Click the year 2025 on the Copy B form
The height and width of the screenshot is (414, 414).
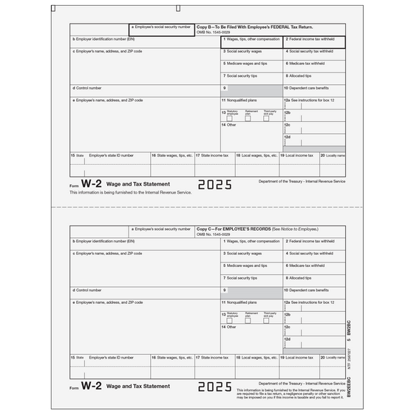point(214,185)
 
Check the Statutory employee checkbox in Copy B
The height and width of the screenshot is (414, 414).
point(229,118)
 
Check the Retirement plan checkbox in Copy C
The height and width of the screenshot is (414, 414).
point(249,320)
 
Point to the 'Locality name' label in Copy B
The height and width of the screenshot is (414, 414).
point(335,155)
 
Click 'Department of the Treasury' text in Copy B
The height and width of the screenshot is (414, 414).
point(302,180)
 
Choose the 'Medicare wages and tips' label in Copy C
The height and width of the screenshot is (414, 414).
point(246,265)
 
